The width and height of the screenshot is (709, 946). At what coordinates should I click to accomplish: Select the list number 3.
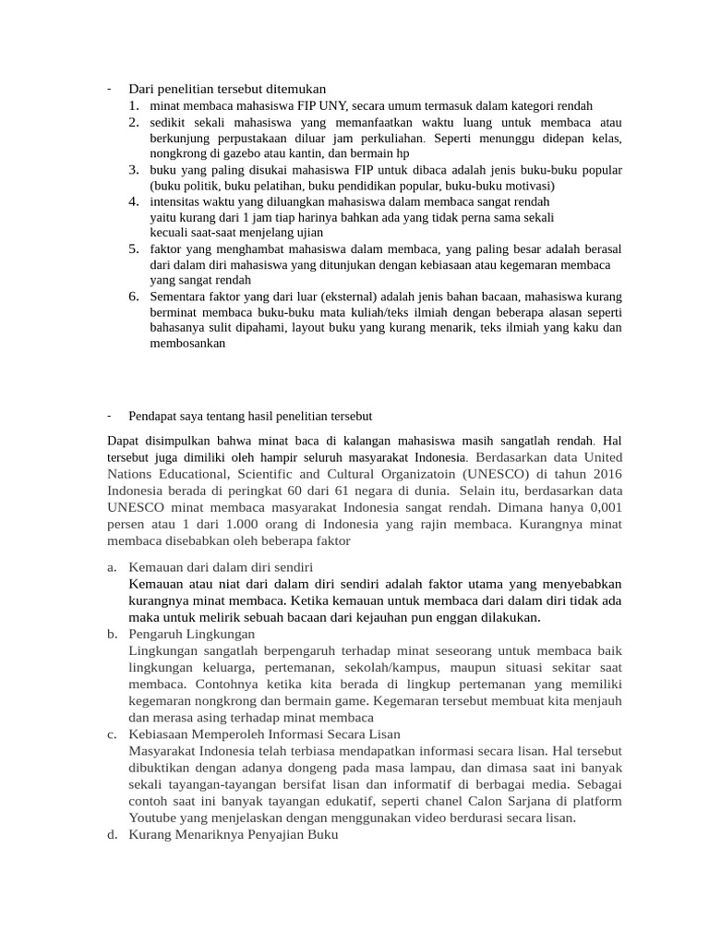(x=134, y=169)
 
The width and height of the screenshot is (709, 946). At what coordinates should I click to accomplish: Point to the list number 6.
(x=134, y=296)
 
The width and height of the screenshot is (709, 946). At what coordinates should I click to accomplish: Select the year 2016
(x=604, y=472)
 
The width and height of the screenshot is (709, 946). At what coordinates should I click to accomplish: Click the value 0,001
(x=602, y=507)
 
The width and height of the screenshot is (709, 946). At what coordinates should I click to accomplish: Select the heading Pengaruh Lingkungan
(x=191, y=634)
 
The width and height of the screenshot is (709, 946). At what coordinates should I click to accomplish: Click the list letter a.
(x=111, y=566)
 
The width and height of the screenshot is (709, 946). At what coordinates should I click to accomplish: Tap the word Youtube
(x=155, y=818)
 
